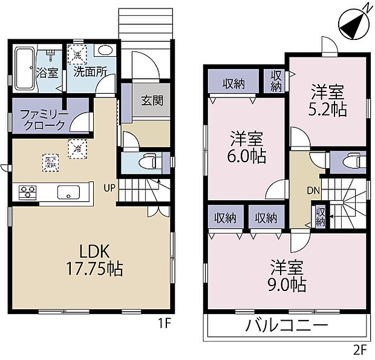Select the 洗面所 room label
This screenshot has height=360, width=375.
point(91,70)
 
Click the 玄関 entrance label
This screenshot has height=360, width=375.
point(152,100)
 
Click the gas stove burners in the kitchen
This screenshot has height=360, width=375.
point(28,193)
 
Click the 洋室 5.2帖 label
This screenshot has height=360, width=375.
point(328,101)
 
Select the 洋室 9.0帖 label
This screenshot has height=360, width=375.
point(287,274)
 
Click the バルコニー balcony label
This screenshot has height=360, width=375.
point(287,327)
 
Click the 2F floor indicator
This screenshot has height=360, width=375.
point(360,349)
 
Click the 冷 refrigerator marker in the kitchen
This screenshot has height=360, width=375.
point(77,146)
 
